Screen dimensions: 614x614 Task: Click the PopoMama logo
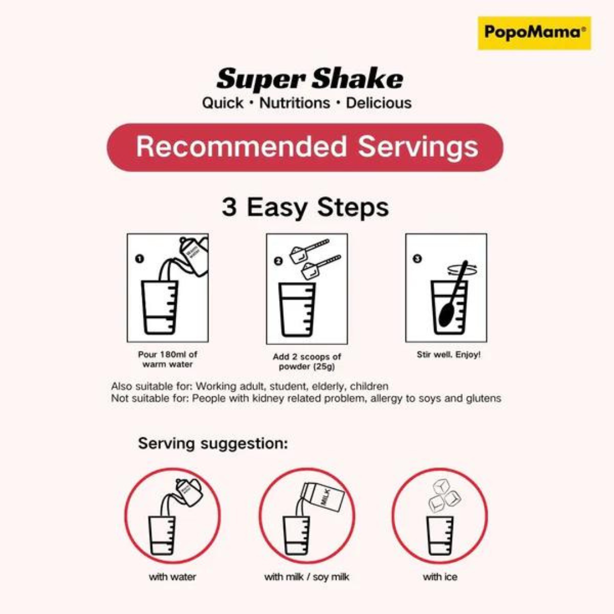[534, 32]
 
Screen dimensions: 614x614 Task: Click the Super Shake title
[309, 79]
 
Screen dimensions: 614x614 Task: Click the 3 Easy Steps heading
[305, 207]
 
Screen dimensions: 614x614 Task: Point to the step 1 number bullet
[139, 259]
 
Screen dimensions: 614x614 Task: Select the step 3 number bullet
[417, 259]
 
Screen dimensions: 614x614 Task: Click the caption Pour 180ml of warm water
[168, 359]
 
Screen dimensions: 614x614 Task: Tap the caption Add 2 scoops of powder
[307, 362]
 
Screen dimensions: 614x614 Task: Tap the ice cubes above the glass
[443, 495]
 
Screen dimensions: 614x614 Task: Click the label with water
[172, 577]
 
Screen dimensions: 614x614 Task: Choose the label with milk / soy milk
[306, 577]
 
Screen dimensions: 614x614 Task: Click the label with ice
[440, 577]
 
